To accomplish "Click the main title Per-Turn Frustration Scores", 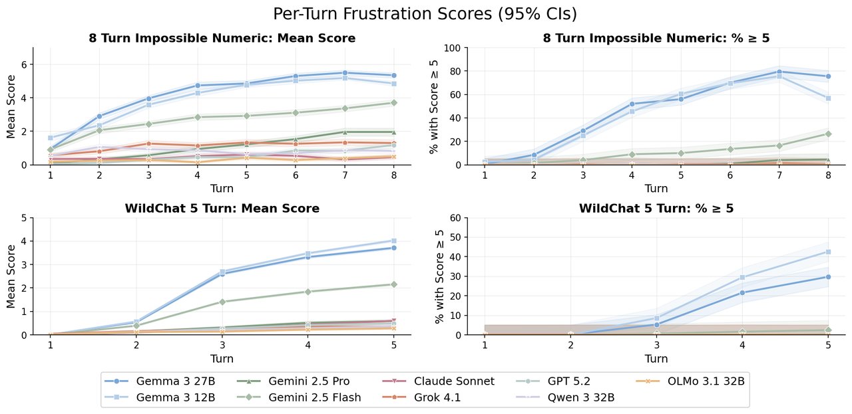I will click(x=425, y=14).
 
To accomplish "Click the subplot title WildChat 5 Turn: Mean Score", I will click(x=222, y=209).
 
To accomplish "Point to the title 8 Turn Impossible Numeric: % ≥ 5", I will click(x=656, y=39).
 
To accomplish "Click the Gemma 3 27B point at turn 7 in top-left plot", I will click(x=345, y=73).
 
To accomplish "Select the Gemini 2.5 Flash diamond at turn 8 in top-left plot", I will click(x=394, y=103).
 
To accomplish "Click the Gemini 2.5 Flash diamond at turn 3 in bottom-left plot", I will click(x=222, y=302).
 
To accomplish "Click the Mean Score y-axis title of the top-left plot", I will click(x=11, y=106).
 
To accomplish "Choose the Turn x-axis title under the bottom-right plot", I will click(x=656, y=359).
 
